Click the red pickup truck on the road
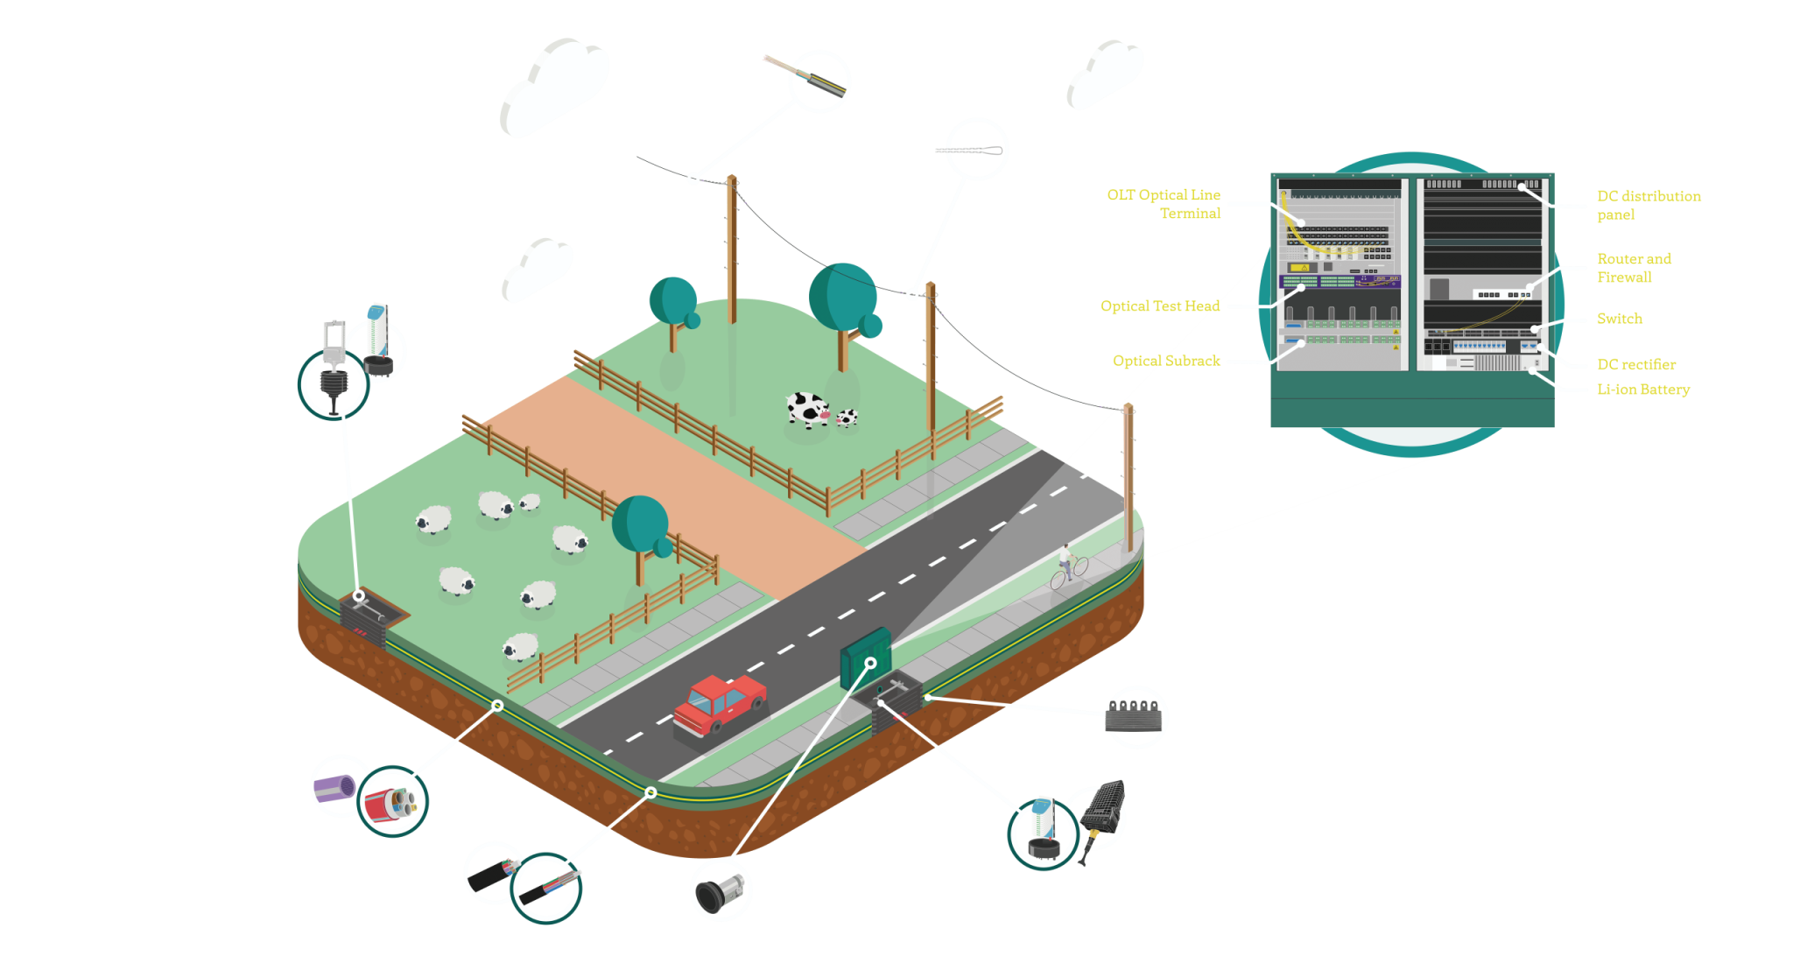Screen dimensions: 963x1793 coord(720,704)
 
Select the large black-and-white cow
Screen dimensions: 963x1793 coord(807,410)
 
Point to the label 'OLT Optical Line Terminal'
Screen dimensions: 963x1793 coord(1164,204)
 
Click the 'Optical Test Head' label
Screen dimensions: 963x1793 coord(1159,306)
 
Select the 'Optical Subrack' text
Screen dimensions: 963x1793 coord(1166,361)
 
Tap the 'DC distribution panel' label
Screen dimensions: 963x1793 coord(1648,205)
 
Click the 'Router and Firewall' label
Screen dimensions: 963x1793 coord(1633,267)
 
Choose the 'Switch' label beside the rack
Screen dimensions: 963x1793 coord(1619,319)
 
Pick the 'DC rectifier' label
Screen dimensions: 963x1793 coord(1635,364)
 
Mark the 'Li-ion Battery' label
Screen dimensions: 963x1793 coord(1642,390)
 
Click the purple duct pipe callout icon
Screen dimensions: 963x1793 coord(336,787)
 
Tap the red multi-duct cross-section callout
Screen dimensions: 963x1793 coord(392,802)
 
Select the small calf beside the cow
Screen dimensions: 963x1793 coord(846,418)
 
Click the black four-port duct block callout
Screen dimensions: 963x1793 coord(1136,716)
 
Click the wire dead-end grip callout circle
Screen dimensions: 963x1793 coord(976,150)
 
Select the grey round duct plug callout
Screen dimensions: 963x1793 coord(721,890)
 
